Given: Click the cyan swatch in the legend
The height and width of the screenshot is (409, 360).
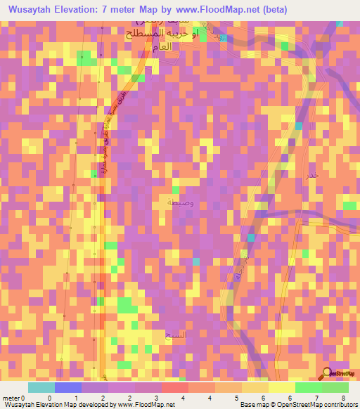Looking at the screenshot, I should pos(41,387).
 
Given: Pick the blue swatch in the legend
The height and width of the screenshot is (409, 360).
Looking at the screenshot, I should pos(68,387).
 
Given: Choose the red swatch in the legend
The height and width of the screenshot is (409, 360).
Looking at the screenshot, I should pos(175,387).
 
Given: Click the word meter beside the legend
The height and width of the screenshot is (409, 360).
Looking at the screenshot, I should pos(10,398).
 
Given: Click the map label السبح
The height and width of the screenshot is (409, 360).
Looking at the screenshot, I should pos(174,335).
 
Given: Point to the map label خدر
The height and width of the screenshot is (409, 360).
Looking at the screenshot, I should pos(313,174).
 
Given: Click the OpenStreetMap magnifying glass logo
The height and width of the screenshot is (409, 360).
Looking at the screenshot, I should pos(328,374).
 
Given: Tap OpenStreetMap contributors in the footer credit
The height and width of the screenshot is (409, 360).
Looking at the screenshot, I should pos(320,405).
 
